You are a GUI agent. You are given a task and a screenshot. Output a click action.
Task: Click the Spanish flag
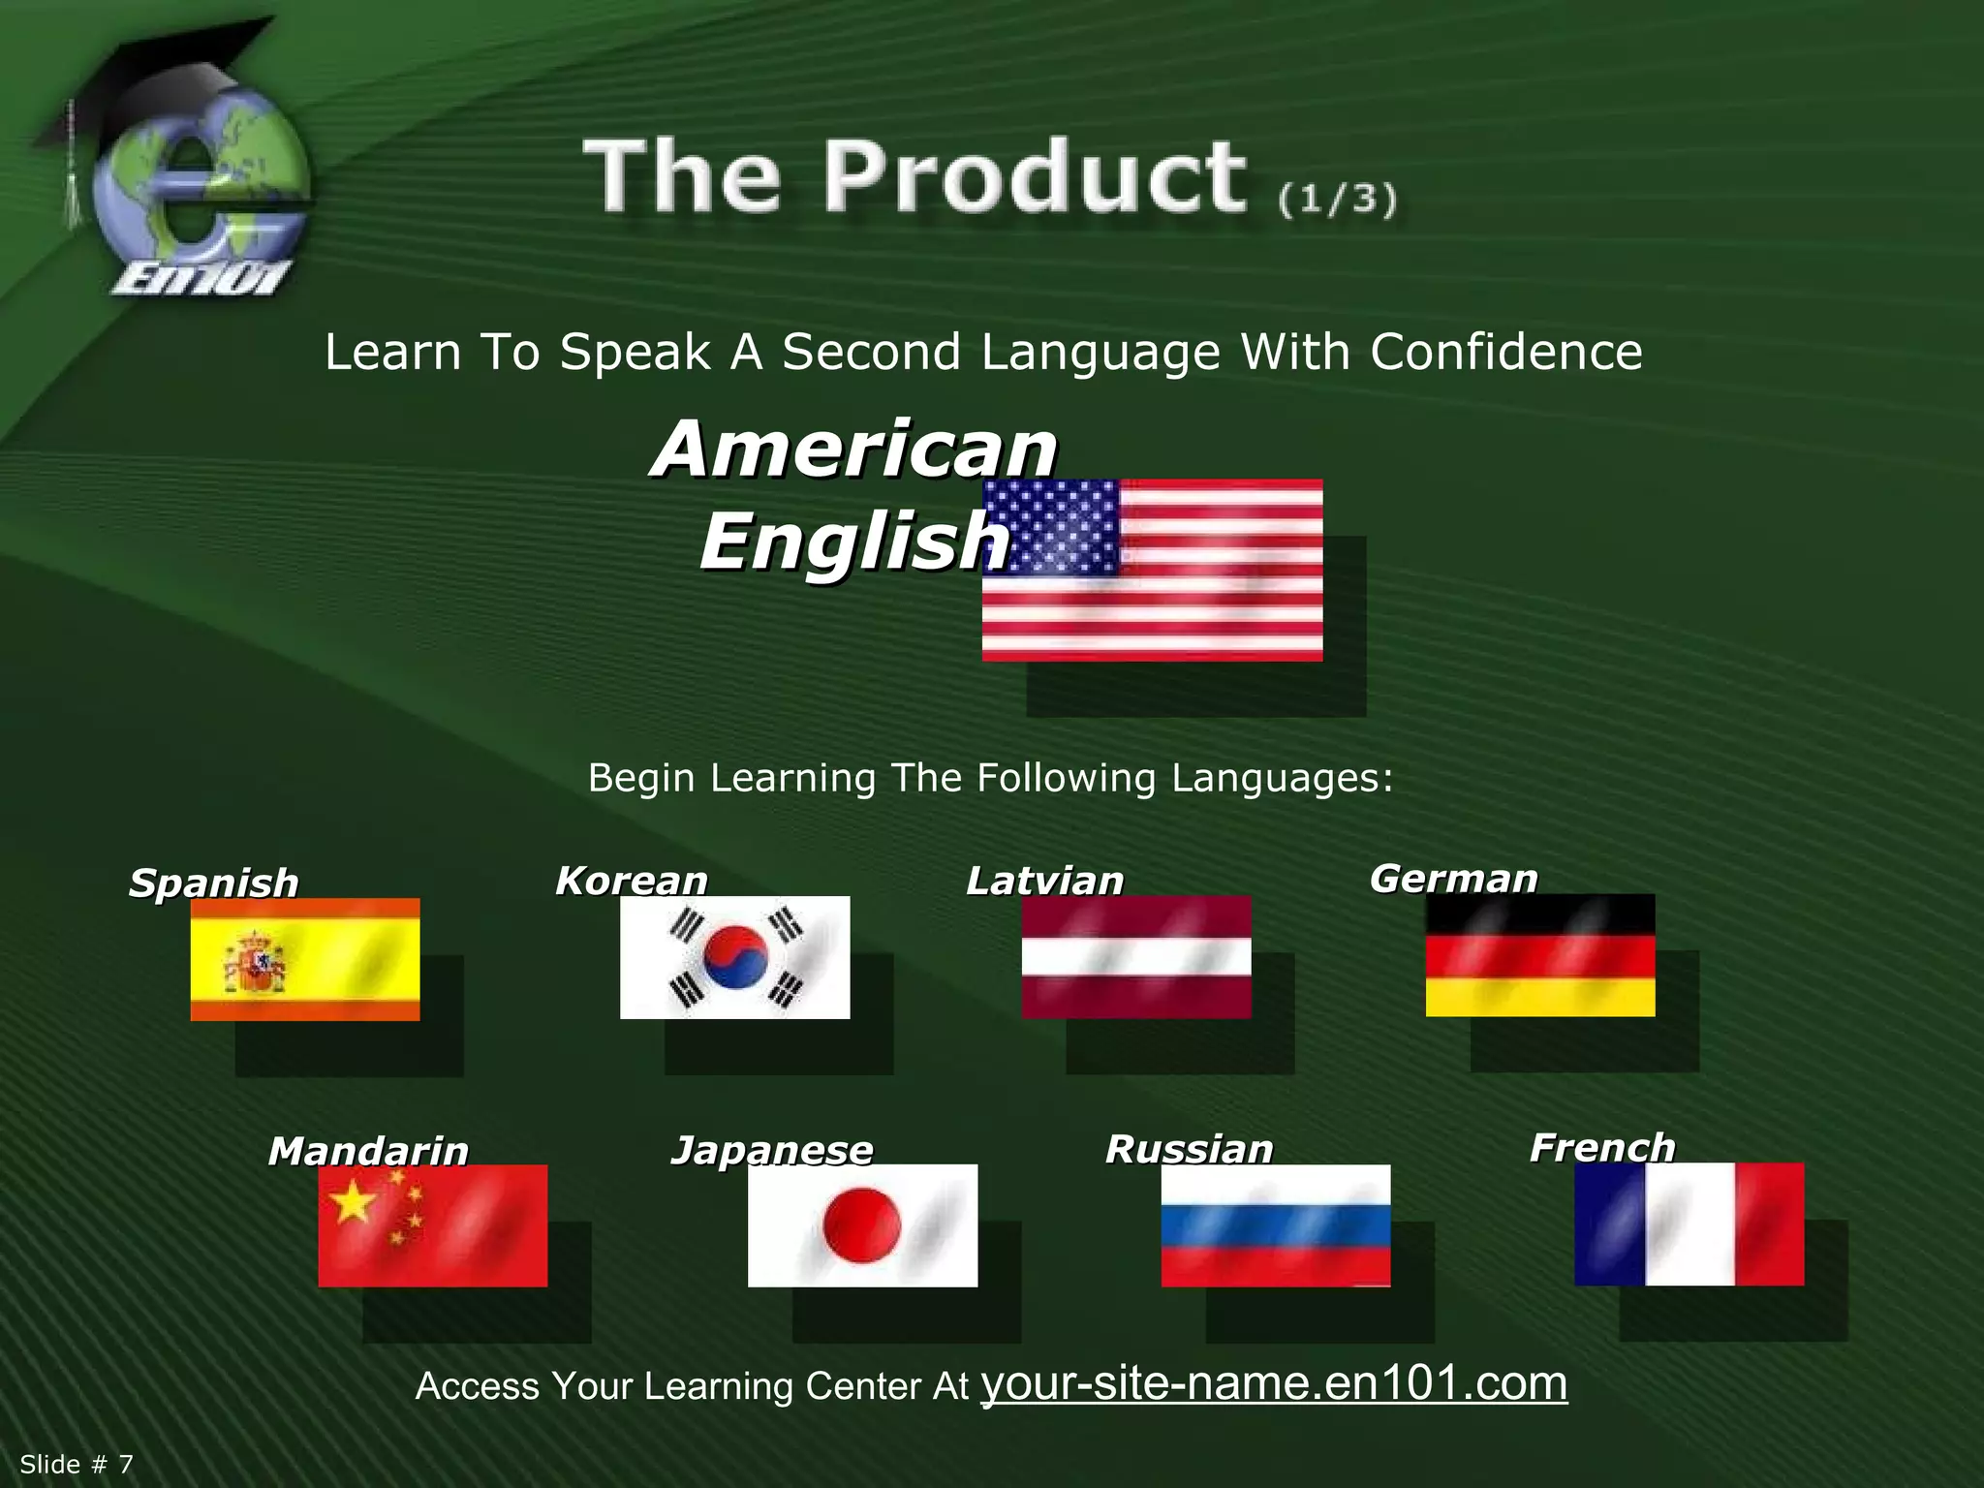click(304, 959)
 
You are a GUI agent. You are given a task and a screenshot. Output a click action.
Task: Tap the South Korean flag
click(734, 957)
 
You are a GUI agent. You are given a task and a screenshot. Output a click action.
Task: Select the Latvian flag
click(1135, 957)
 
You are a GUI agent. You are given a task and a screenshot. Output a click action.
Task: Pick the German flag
click(1539, 955)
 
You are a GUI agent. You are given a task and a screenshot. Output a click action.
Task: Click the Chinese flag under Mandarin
click(432, 1225)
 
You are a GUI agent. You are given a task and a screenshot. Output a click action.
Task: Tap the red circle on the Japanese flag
click(861, 1225)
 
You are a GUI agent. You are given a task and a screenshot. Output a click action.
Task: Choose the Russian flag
click(1275, 1225)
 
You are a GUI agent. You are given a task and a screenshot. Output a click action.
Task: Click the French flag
click(1689, 1224)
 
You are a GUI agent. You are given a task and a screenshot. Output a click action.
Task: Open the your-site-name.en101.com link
click(1274, 1382)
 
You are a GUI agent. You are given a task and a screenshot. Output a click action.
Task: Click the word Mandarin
click(368, 1151)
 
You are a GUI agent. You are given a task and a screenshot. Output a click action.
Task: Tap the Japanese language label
click(772, 1150)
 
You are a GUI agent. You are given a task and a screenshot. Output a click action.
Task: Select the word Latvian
click(1044, 881)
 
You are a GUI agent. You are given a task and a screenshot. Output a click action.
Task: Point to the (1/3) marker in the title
click(1337, 199)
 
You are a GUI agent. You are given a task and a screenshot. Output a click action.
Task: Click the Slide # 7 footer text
click(76, 1464)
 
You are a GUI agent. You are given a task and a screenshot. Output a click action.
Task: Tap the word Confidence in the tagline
click(1505, 352)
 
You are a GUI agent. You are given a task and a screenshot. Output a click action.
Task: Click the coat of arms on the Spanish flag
click(255, 963)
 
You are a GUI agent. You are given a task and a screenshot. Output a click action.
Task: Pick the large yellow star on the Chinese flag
click(353, 1203)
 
